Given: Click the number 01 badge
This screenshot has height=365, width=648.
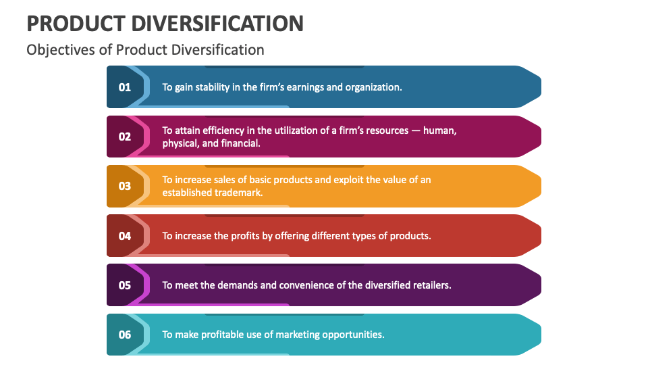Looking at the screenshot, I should (x=125, y=87).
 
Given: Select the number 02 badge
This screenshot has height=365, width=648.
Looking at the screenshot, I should (x=125, y=137).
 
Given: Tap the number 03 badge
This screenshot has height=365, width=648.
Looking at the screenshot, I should (x=125, y=186).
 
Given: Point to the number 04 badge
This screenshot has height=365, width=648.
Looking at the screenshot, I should (x=125, y=236).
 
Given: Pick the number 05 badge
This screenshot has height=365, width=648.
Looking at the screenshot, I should (x=125, y=285).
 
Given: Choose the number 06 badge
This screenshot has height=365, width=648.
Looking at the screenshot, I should (x=125, y=335).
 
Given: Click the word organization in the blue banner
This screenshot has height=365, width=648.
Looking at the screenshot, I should (x=373, y=87).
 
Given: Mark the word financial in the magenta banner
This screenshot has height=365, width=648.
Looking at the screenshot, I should (x=240, y=143).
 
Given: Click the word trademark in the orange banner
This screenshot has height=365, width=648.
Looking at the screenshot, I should (x=238, y=193).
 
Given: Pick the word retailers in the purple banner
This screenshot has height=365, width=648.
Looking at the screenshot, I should (x=429, y=285).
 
